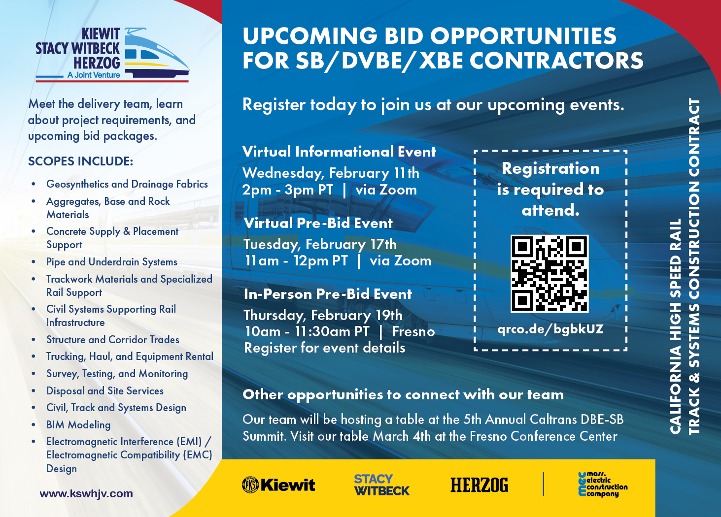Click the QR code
click(549, 274)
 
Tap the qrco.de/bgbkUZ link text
click(550, 329)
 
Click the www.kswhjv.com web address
click(86, 493)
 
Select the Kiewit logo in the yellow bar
click(278, 485)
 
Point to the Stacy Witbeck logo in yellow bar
click(381, 485)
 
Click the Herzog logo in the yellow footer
click(479, 485)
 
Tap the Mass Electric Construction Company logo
click(603, 485)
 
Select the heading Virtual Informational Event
click(339, 152)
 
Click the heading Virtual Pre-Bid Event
click(318, 223)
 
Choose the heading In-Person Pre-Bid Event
click(328, 294)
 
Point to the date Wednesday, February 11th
click(331, 173)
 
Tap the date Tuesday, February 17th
click(320, 244)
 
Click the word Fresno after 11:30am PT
click(413, 332)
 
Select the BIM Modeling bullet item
click(78, 424)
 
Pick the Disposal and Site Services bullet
click(105, 391)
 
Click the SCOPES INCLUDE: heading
click(80, 162)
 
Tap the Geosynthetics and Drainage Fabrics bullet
click(127, 184)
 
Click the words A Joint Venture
click(94, 75)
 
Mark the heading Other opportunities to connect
click(403, 394)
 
